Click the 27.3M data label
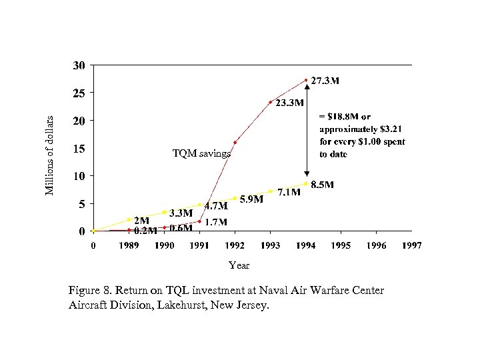(325, 81)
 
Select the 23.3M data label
(290, 103)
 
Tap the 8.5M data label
(323, 185)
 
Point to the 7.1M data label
(289, 193)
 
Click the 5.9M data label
(251, 199)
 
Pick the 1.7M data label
(215, 221)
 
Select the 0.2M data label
(145, 231)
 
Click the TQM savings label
(201, 153)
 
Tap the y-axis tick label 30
(79, 65)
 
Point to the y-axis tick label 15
(79, 149)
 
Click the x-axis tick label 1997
(411, 245)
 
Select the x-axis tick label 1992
(234, 245)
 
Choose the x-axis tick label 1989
(129, 245)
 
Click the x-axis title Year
(239, 265)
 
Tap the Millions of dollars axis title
(49, 153)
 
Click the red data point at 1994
(306, 80)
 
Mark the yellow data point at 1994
(306, 183)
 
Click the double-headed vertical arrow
(307, 131)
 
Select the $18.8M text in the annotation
(345, 117)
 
